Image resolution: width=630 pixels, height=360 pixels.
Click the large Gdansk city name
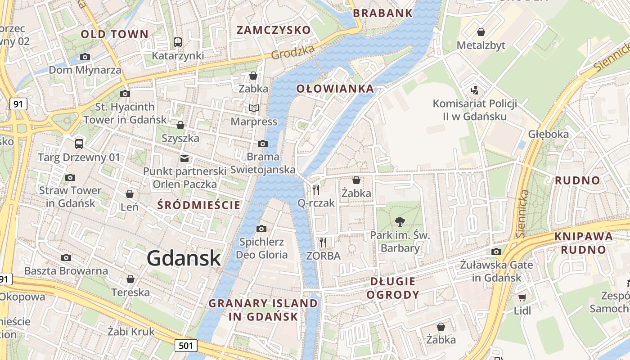pyautogui.click(x=184, y=258)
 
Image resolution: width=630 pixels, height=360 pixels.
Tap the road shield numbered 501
pyautogui.click(x=186, y=346)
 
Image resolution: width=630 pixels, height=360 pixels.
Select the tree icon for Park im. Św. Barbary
pyautogui.click(x=399, y=221)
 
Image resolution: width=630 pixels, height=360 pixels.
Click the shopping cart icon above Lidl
pyautogui.click(x=522, y=297)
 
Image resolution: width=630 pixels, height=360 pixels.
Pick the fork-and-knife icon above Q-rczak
pyautogui.click(x=316, y=189)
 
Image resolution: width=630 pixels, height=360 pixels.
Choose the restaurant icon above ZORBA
pyautogui.click(x=323, y=242)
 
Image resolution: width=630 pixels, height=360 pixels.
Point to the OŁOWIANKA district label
pyautogui.click(x=335, y=89)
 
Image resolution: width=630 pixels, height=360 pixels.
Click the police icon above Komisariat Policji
pyautogui.click(x=474, y=90)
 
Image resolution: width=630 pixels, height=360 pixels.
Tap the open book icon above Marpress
pyautogui.click(x=254, y=108)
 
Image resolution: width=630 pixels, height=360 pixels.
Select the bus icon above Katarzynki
pyautogui.click(x=178, y=42)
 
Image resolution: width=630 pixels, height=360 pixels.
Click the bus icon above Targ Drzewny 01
pyautogui.click(x=79, y=144)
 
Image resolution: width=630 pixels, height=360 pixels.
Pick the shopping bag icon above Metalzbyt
pyautogui.click(x=481, y=32)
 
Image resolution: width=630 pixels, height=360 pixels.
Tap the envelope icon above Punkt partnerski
pyautogui.click(x=184, y=158)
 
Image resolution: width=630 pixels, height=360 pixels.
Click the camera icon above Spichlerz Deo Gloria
pyautogui.click(x=261, y=229)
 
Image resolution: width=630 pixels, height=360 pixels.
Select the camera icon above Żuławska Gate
pyautogui.click(x=496, y=252)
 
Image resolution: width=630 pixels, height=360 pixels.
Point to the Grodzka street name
pyautogui.click(x=292, y=53)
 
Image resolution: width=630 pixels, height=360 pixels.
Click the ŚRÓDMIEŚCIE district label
pyautogui.click(x=199, y=205)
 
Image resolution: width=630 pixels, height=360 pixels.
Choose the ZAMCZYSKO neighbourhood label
pyautogui.click(x=274, y=30)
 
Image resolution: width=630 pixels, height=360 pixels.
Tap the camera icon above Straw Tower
pyautogui.click(x=70, y=177)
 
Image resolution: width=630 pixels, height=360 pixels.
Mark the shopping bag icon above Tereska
pyautogui.click(x=130, y=279)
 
